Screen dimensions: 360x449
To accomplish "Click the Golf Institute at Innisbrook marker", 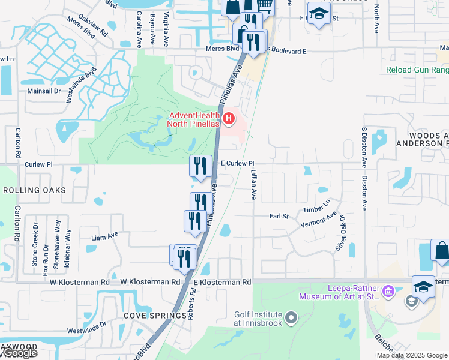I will click(292, 317).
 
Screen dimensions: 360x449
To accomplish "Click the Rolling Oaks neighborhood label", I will click(34, 190).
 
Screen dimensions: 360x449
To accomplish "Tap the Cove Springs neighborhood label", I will click(155, 316).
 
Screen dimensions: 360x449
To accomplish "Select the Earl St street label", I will click(279, 216).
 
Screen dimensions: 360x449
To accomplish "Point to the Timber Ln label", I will click(316, 206).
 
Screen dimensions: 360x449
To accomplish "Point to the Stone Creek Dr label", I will click(35, 244).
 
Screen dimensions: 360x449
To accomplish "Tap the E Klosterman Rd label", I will click(222, 282).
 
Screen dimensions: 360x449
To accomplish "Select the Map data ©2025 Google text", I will click(411, 355).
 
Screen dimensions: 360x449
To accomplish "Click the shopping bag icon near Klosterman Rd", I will click(441, 251).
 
